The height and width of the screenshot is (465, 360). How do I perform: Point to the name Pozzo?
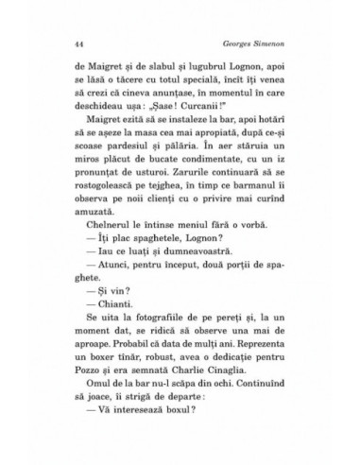click(61, 428)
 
